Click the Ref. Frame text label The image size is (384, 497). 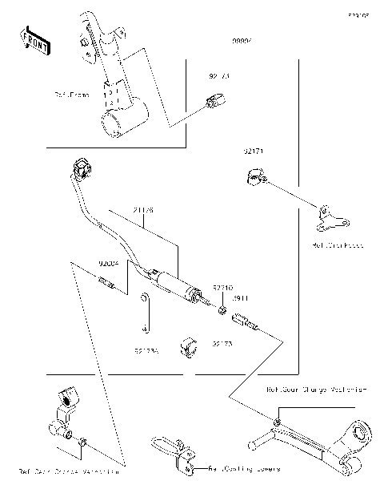pyautogui.click(x=71, y=95)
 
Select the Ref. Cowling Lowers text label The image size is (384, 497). pyautogui.click(x=244, y=469)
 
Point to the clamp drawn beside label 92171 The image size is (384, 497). pyautogui.click(x=255, y=177)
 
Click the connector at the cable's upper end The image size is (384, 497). pyautogui.click(x=81, y=170)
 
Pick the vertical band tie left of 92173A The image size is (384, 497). pyautogui.click(x=144, y=313)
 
